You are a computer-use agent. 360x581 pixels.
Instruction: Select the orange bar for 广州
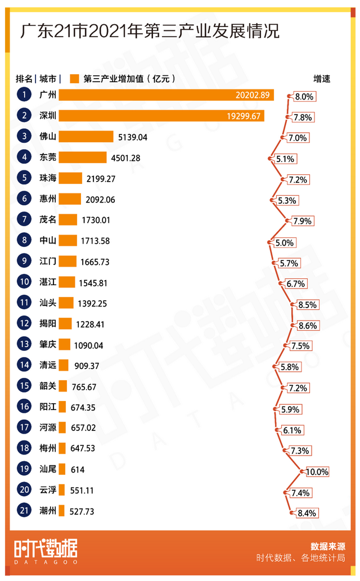(166, 96)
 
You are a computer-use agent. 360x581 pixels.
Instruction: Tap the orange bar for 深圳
(161, 116)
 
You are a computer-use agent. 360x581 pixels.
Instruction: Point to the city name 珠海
(48, 179)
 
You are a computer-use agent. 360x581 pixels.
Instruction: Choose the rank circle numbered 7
(24, 220)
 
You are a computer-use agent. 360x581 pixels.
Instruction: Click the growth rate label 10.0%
(317, 472)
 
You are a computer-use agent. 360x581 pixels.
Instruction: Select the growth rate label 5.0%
(284, 243)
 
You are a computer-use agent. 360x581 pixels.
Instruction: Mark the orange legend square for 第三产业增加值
(74, 79)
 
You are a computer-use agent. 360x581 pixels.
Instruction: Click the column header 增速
(321, 79)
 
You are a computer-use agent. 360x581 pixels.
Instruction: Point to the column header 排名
(24, 79)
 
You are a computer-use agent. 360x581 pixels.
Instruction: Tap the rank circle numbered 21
(24, 511)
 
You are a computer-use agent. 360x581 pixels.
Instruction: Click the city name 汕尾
(48, 470)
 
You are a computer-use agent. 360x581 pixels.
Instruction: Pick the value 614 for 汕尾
(78, 470)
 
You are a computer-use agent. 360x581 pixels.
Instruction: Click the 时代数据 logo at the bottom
(46, 549)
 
